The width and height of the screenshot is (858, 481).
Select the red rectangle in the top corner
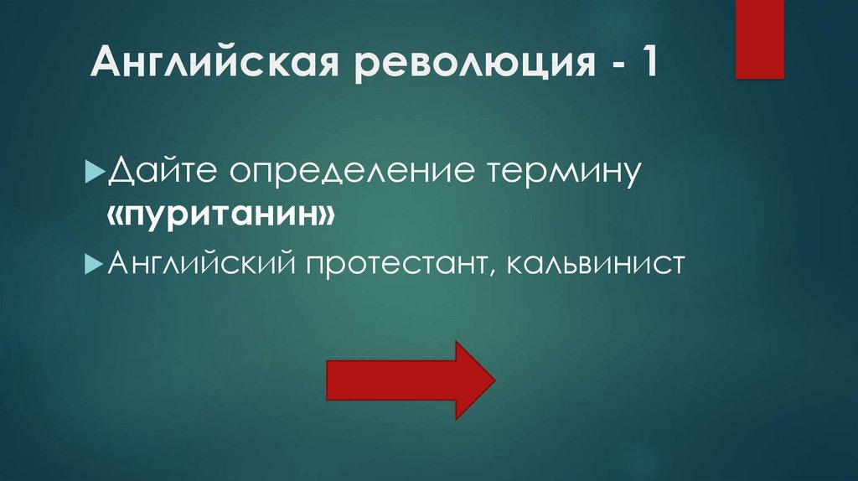759,39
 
